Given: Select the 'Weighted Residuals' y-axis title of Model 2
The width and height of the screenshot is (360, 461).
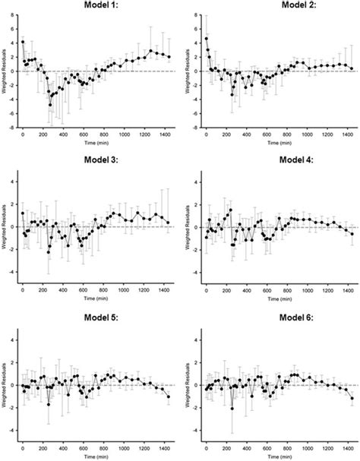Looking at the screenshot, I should pyautogui.click(x=188, y=71).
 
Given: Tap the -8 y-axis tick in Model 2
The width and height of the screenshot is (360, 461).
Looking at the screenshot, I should pyautogui.click(x=197, y=128).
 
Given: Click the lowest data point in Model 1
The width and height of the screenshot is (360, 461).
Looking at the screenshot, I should pyautogui.click(x=51, y=104).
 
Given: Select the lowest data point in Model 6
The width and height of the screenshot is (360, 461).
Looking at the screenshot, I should pyautogui.click(x=232, y=409).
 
